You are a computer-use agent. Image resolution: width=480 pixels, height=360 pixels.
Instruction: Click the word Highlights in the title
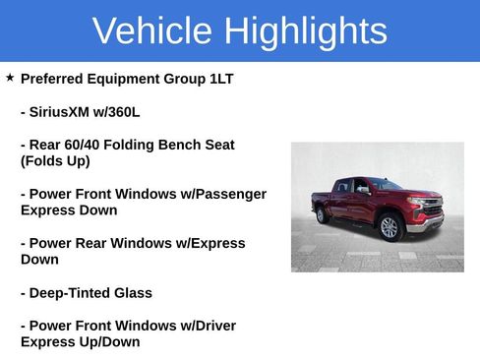coord(305,31)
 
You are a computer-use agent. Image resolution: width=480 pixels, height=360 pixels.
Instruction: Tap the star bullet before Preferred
coord(10,77)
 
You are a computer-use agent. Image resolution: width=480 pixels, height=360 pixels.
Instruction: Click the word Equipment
coord(135,79)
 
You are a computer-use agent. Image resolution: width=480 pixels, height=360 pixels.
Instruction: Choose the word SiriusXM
coord(63,111)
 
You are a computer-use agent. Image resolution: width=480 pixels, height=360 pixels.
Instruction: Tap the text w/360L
coord(119,111)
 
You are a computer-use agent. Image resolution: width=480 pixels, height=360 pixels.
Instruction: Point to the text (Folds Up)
coord(55,161)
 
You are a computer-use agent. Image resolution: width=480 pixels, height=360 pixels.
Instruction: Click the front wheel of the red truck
coord(390,227)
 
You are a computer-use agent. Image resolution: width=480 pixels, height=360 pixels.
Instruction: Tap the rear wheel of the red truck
coord(322,215)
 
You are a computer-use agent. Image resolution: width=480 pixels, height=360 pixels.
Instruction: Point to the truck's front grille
coord(431,209)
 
